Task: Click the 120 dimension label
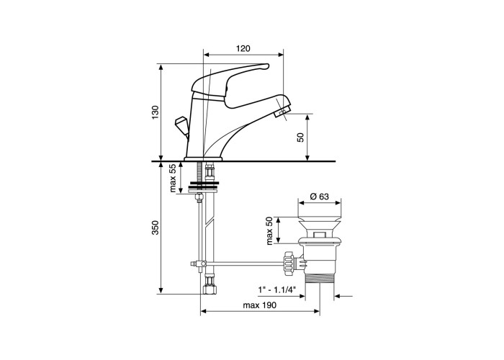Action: [x=243, y=49]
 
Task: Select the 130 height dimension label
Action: [x=156, y=112]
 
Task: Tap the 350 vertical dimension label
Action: [x=156, y=228]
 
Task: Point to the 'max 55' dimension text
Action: [x=174, y=178]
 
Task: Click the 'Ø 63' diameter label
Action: [x=320, y=196]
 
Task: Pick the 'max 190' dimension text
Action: [x=259, y=305]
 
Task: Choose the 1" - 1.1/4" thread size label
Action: [x=276, y=290]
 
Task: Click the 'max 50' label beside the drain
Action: [x=270, y=231]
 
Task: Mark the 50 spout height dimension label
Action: [x=300, y=138]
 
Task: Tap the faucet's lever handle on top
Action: [x=229, y=78]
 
